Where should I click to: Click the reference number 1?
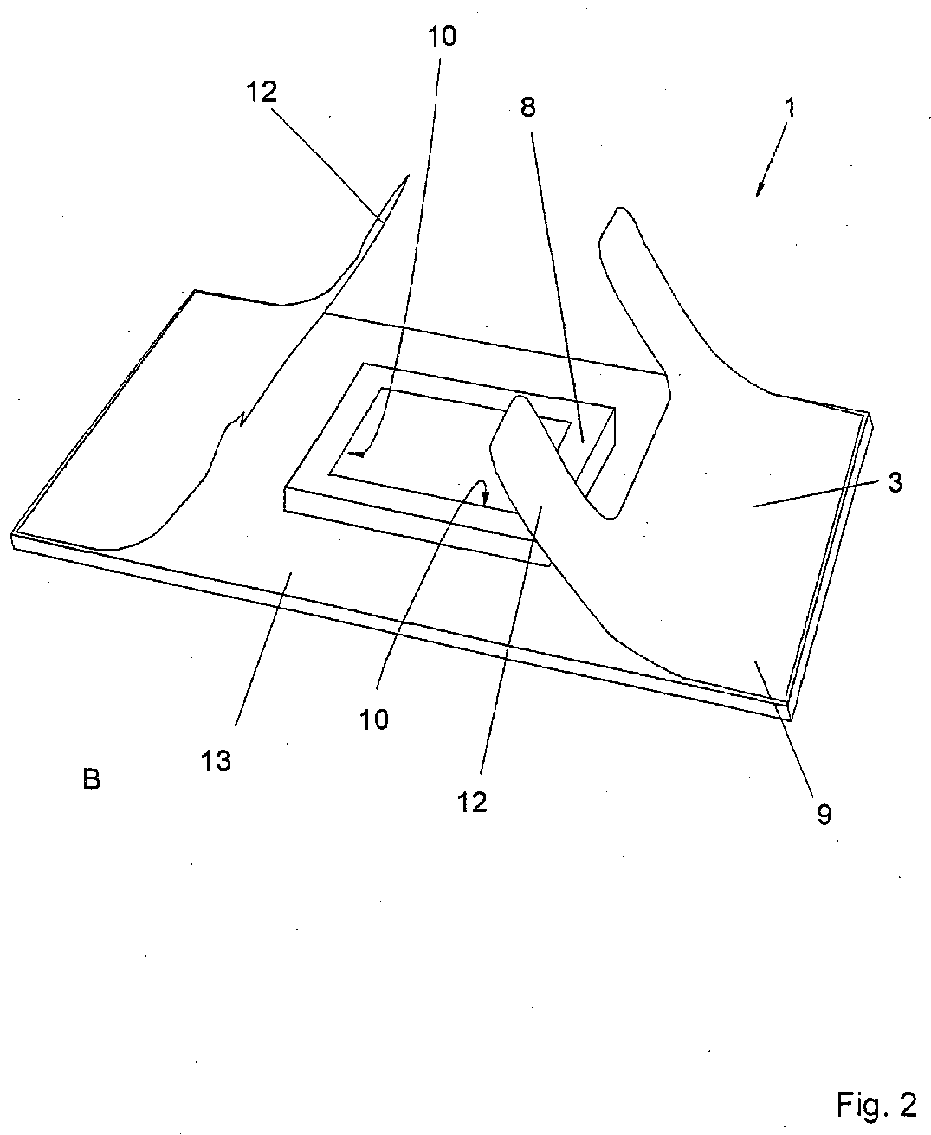click(x=789, y=110)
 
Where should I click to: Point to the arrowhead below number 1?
click(x=760, y=190)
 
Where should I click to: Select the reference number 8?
click(x=527, y=108)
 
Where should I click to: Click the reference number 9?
click(x=824, y=814)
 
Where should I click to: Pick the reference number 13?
click(x=217, y=762)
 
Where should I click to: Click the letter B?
click(x=91, y=780)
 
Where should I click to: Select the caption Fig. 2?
click(x=876, y=1105)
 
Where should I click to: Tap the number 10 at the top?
click(x=441, y=37)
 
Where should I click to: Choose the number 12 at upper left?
click(x=261, y=92)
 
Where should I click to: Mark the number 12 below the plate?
click(x=473, y=803)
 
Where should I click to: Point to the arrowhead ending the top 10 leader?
click(x=353, y=453)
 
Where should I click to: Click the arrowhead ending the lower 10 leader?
click(x=486, y=500)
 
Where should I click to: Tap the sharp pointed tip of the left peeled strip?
click(x=405, y=177)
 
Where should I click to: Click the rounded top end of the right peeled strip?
click(x=617, y=213)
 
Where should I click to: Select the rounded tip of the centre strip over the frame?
click(x=517, y=400)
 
